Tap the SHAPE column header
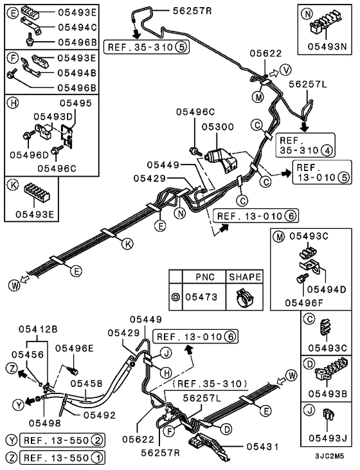pyautogui.click(x=244, y=278)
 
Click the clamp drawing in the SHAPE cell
pyautogui.click(x=244, y=298)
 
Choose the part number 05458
pyautogui.click(x=86, y=383)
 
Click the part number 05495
pyautogui.click(x=75, y=103)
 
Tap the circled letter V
pyautogui.click(x=287, y=69)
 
